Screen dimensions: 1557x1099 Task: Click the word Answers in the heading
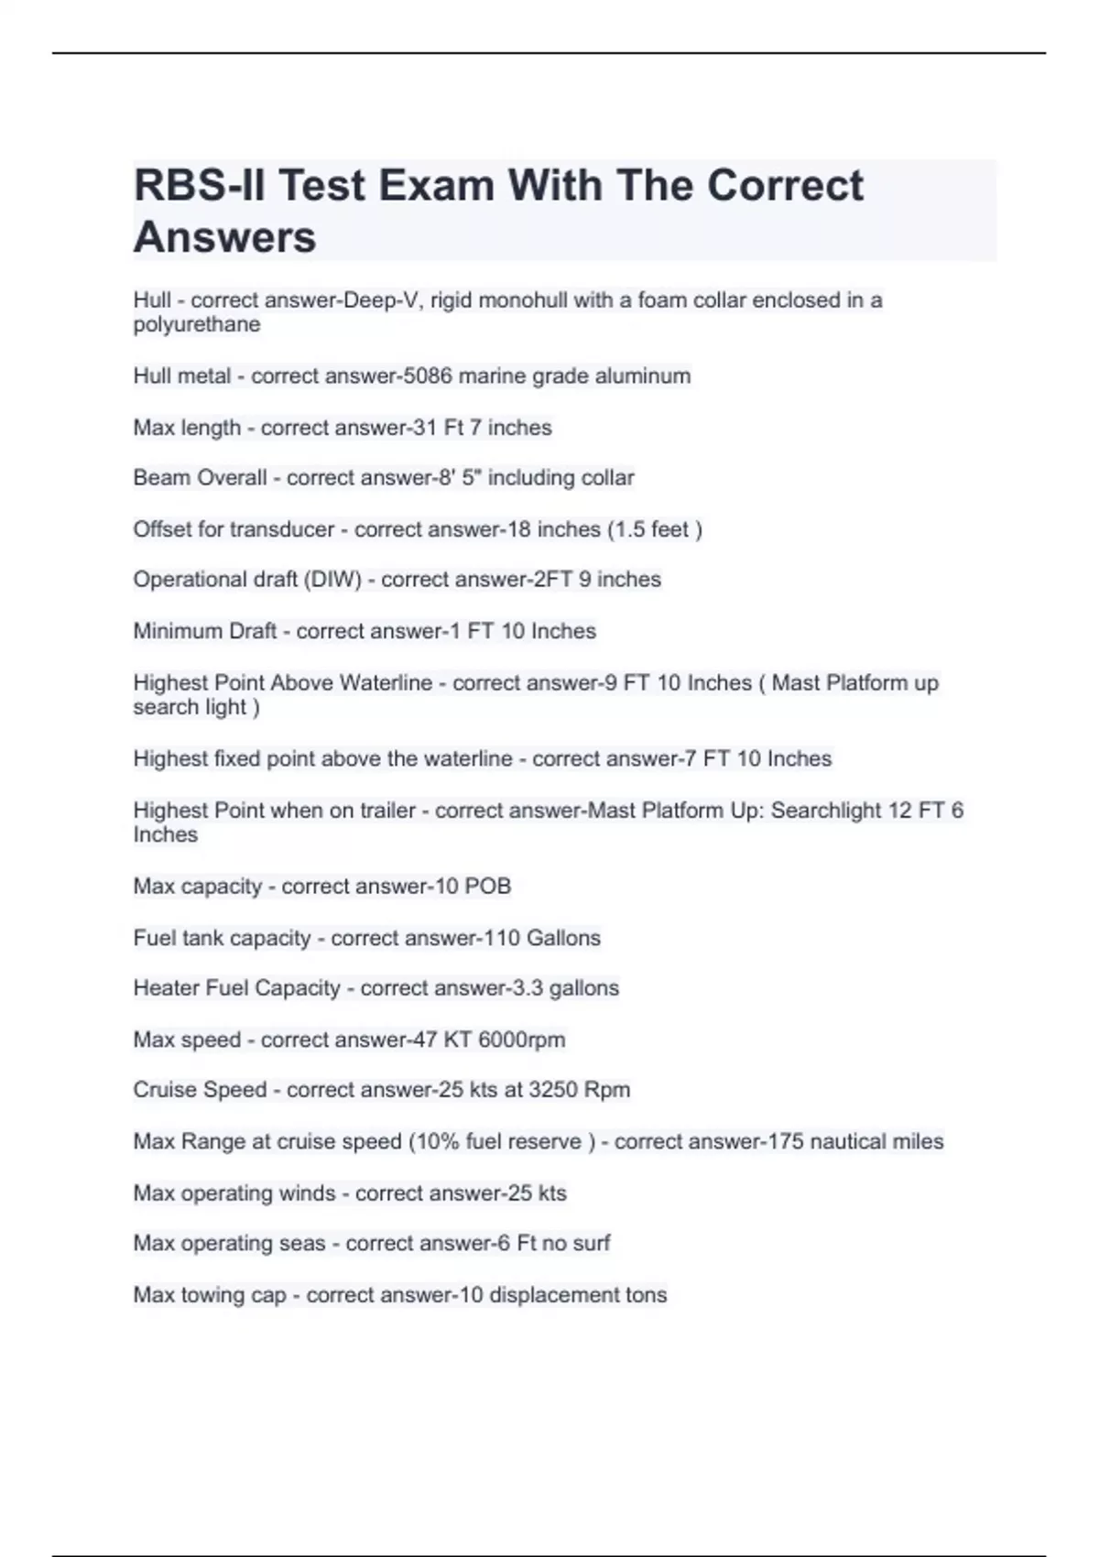[x=224, y=237]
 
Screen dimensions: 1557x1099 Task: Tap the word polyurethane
[x=196, y=324]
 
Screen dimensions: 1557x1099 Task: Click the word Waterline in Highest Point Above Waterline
[x=386, y=683]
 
